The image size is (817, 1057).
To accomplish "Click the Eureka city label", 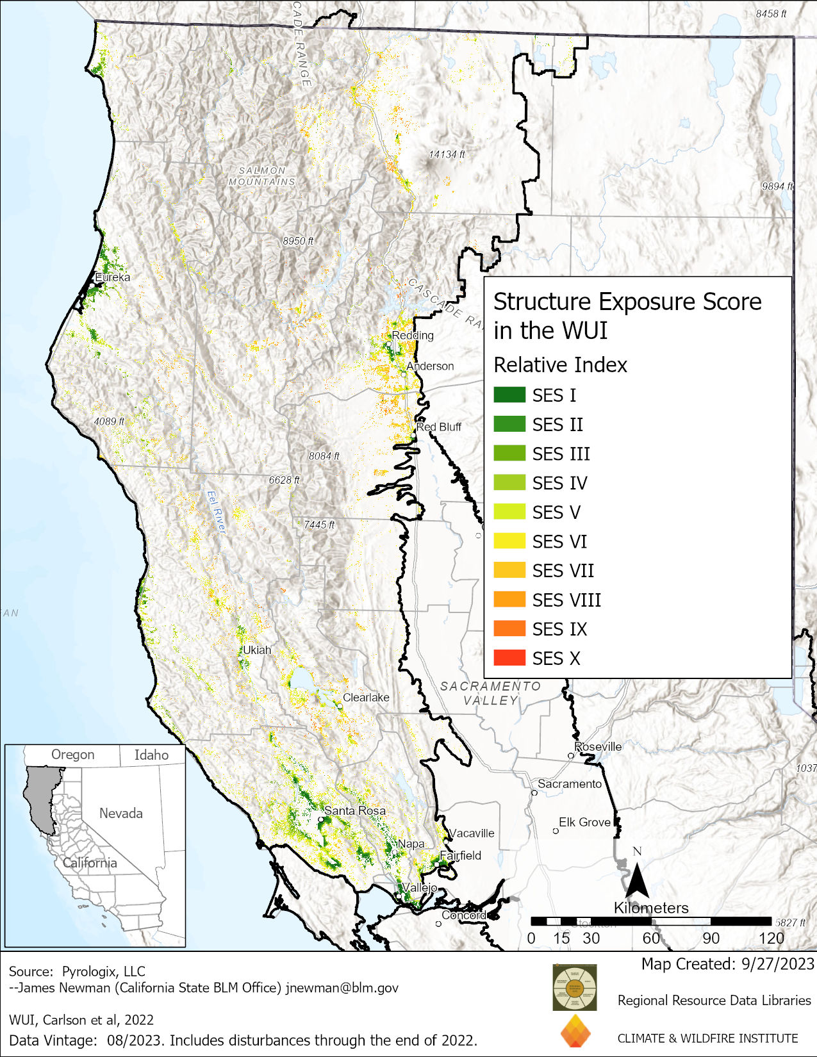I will pos(112,277).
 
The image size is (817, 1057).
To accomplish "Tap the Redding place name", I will pos(413,335).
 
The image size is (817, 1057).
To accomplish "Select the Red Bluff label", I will pos(439,427).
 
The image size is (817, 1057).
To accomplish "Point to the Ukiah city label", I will pos(257,650).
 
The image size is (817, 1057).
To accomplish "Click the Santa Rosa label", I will pos(354,810).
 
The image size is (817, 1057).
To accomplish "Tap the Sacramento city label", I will pos(570,783).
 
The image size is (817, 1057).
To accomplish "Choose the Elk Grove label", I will pos(584,822).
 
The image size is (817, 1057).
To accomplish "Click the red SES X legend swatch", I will pos(509,658).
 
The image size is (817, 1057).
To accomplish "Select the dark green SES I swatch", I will pos(509,395).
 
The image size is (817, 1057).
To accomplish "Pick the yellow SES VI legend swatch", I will pos(509,541).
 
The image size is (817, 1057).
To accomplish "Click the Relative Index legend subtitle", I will pos(560,365).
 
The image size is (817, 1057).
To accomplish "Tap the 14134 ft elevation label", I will pos(447,154).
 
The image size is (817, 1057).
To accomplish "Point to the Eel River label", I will pos(217,512).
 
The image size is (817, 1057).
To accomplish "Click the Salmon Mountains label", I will pos(262,176).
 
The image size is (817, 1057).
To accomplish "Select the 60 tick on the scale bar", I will pos(650,938).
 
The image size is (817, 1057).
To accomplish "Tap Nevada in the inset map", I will pos(120,814).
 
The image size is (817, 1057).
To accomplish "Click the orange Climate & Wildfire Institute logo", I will pos(575,1031).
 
